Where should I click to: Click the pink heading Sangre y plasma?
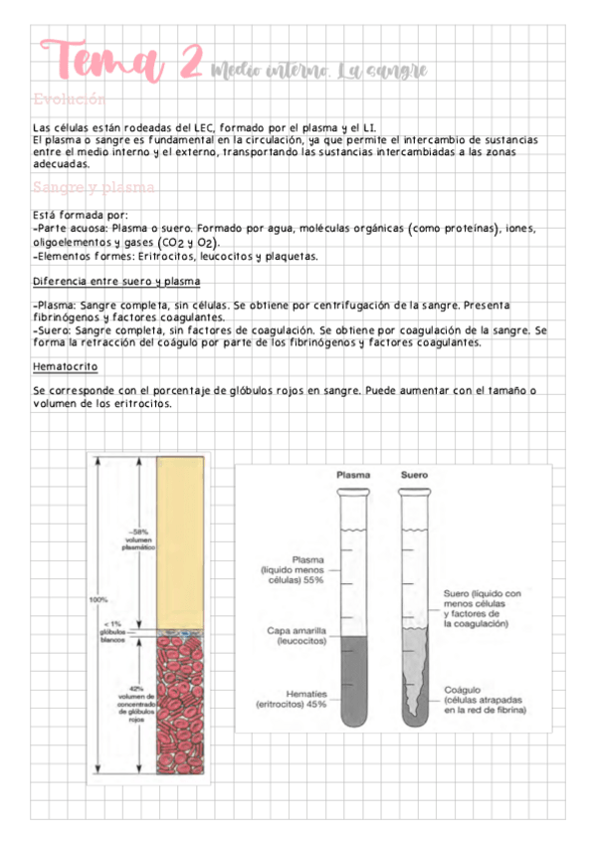(x=93, y=187)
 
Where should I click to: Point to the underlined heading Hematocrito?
(x=65, y=366)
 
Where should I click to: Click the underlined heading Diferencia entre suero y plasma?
(x=116, y=281)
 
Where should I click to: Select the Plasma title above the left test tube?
(x=353, y=475)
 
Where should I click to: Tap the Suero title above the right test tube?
(x=414, y=475)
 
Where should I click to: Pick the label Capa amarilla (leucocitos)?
(x=302, y=635)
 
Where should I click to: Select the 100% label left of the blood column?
(x=99, y=599)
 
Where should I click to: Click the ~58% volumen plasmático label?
(x=136, y=538)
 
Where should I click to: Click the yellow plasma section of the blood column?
(x=181, y=537)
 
